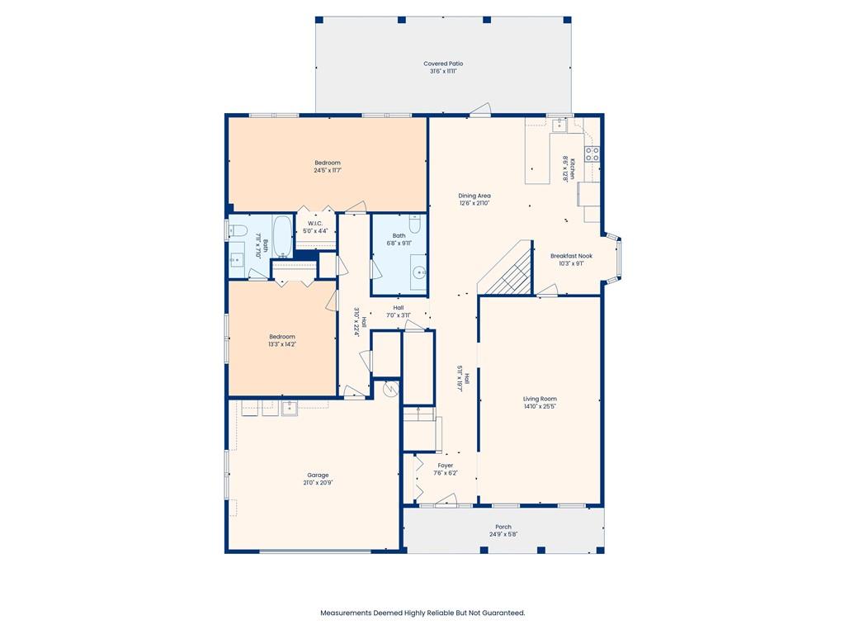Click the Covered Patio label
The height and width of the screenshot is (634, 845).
pos(443,64)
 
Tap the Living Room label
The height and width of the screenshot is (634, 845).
pos(540,399)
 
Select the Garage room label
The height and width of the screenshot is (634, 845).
pos(318,475)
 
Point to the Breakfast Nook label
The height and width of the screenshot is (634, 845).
pos(571,256)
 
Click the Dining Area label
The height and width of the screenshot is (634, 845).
pos(474,196)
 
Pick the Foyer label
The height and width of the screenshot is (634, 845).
pos(445,466)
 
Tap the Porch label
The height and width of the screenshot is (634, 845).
pos(503,527)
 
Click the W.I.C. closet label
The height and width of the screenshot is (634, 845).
pos(315,223)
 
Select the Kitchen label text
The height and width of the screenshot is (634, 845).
pos(573,168)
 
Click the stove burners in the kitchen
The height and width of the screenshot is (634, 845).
pos(592,154)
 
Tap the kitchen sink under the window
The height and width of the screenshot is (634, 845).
pos(559,125)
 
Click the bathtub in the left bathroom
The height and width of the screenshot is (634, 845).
pos(282,237)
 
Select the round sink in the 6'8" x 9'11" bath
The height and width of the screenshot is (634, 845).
pos(418,273)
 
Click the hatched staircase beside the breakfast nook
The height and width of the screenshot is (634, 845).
pos(507,268)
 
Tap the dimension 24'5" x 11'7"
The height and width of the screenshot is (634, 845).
pos(328,170)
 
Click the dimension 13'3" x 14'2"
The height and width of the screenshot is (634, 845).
pos(282,344)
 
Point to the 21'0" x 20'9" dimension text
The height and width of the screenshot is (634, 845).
pos(318,483)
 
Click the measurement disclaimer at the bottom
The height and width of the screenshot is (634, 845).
pos(422,613)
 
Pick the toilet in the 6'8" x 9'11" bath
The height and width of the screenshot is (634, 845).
pos(415,223)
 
